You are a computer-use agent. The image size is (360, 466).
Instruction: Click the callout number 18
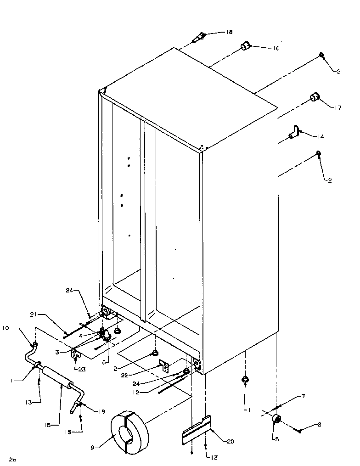coord(229,32)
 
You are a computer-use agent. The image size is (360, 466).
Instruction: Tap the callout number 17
coord(338,108)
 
